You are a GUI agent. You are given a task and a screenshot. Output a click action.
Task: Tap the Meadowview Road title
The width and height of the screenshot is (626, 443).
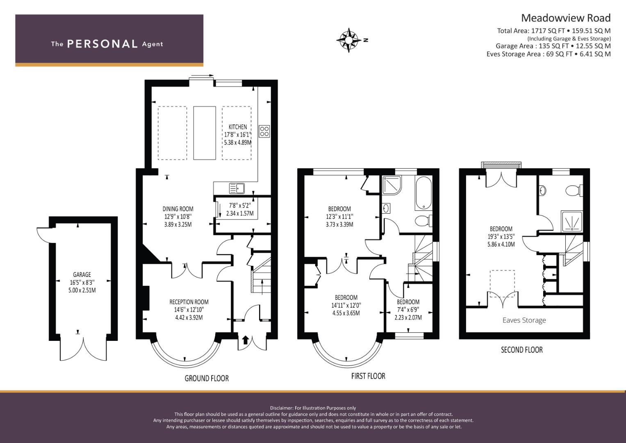[566, 18]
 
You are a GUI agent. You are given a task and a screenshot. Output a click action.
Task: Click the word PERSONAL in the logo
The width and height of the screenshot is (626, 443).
[102, 44]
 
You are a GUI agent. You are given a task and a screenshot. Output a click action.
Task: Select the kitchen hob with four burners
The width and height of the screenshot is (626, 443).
[264, 131]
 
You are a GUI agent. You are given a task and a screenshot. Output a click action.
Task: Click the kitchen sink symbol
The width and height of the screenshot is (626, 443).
[237, 189]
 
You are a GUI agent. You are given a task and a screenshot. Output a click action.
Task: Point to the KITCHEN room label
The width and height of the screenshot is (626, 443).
[238, 127]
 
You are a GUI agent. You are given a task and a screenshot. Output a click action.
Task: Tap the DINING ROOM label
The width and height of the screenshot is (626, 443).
[178, 209]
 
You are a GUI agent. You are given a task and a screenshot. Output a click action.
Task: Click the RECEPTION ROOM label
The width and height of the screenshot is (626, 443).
[189, 302]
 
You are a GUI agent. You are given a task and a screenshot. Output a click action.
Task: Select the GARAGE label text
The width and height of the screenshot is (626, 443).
[82, 275]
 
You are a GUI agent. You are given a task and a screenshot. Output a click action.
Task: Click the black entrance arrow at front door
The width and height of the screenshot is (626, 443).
[246, 340]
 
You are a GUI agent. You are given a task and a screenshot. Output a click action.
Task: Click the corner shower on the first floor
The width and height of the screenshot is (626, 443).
[392, 185]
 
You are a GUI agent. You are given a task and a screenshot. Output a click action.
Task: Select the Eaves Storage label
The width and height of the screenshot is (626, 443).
[524, 320]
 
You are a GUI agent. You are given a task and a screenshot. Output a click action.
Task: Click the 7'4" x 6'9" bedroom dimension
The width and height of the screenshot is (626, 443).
[408, 310]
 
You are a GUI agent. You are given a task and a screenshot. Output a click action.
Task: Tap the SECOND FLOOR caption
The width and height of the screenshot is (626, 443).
[522, 350]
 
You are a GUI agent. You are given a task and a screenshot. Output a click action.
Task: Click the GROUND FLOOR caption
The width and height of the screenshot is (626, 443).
[207, 378]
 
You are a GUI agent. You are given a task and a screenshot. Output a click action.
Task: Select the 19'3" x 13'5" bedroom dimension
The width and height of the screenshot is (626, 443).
[501, 236]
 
